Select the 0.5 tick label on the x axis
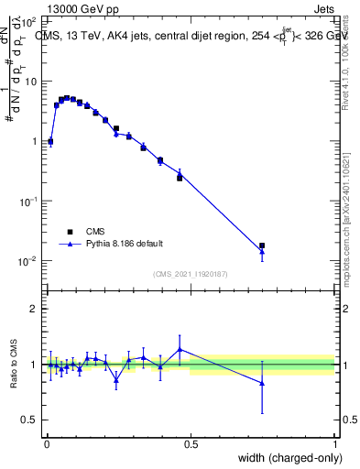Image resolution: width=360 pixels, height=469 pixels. (191, 444)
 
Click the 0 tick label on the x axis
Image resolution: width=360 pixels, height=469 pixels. (47, 444)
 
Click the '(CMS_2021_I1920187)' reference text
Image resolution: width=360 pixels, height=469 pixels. (190, 273)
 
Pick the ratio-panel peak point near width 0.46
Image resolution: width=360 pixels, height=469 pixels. (180, 349)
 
